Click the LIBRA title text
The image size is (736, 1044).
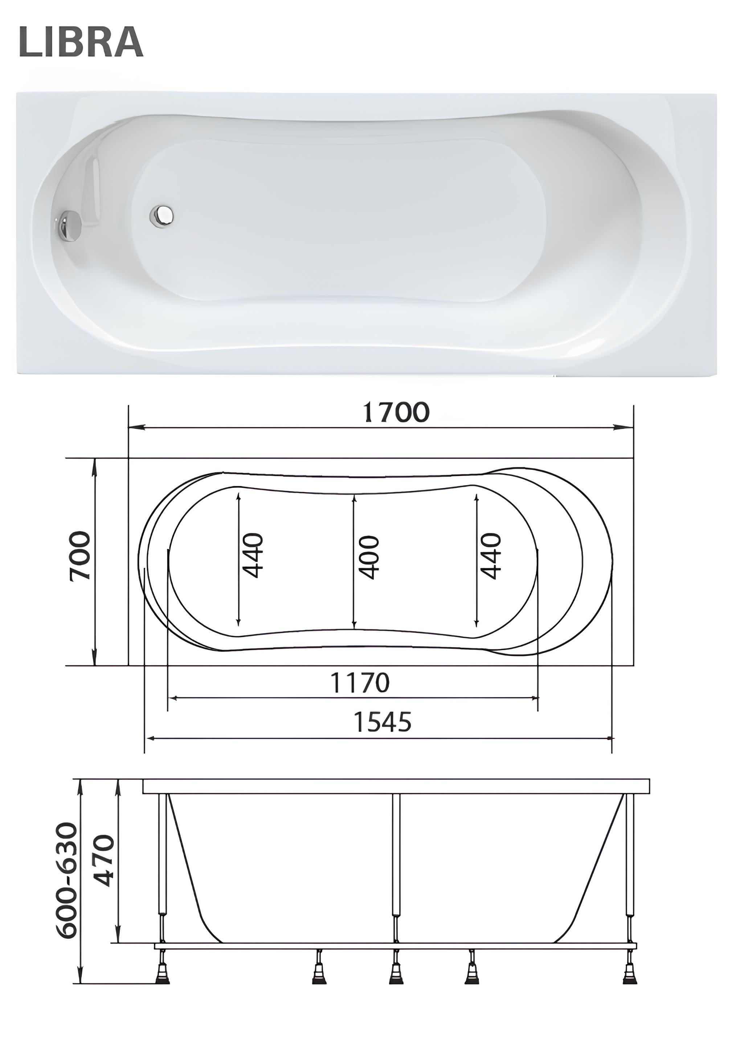coord(81,42)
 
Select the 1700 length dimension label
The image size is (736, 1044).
coord(396,412)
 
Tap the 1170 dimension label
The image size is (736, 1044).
coord(360,682)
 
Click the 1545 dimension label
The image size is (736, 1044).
coord(382,722)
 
